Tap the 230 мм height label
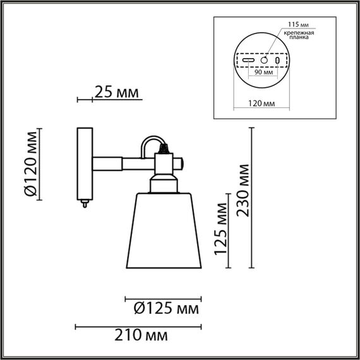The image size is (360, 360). click(243, 190)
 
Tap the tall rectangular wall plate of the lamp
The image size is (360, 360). click(84, 162)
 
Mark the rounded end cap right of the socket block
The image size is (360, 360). click(181, 165)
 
